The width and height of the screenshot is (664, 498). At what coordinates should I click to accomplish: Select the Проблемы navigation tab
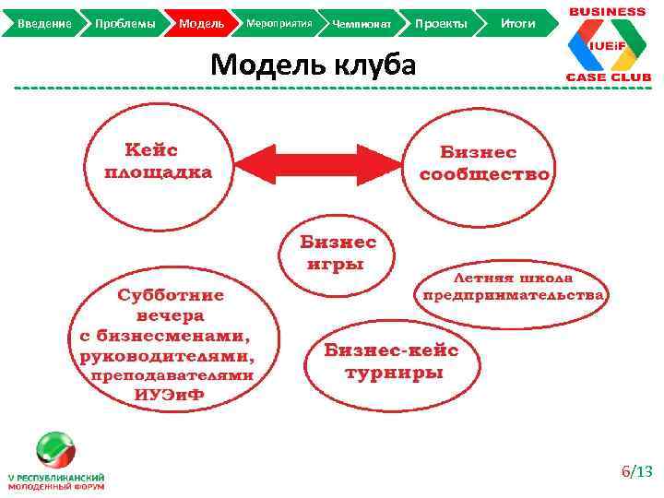(125, 22)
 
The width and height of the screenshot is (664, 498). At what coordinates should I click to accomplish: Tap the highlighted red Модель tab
(201, 22)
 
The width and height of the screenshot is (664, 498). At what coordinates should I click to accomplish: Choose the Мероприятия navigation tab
(279, 22)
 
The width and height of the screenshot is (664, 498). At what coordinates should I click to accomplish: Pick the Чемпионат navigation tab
(362, 22)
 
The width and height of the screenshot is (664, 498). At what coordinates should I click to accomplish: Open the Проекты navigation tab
(441, 22)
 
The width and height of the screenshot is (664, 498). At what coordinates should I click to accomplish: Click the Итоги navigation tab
(518, 22)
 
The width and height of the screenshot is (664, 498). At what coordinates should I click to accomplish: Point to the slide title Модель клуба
(314, 65)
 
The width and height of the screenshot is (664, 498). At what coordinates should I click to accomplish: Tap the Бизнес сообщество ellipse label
(485, 163)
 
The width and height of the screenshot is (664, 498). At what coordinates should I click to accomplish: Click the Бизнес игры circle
(338, 252)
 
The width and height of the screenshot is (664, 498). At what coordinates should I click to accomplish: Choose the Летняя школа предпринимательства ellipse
(513, 286)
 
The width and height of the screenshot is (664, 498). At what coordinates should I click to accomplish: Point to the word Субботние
(171, 295)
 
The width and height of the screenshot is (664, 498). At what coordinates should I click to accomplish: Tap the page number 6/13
(635, 472)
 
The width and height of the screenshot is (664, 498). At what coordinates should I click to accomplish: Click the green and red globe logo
(54, 449)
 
